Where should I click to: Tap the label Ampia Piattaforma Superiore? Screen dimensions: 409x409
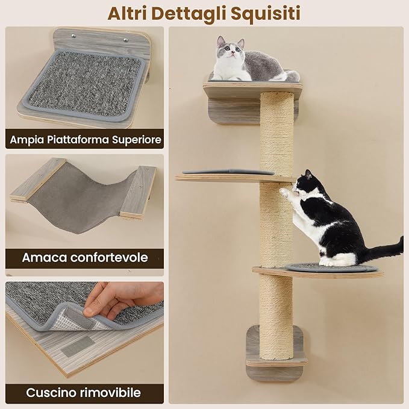pos(85,140)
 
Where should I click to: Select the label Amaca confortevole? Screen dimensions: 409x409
pos(85,258)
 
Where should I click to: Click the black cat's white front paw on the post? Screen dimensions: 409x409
pos(286,193)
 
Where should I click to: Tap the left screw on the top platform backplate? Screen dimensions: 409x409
pos(73,36)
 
